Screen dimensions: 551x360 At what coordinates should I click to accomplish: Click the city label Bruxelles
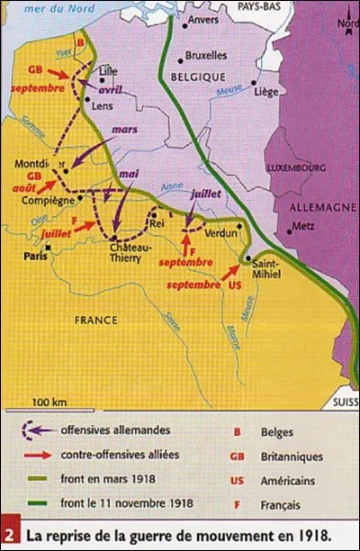coord(206,53)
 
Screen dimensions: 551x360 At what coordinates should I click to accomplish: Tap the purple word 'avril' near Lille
coord(110,90)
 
